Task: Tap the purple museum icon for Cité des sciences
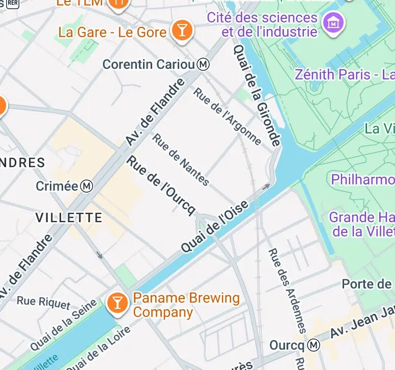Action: (x=334, y=22)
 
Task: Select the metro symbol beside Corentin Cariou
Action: (x=204, y=65)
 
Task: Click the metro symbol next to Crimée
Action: (x=87, y=186)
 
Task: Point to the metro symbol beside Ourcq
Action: (x=315, y=346)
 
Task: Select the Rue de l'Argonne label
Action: (x=227, y=116)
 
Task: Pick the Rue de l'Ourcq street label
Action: (x=161, y=186)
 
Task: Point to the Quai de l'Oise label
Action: (x=215, y=226)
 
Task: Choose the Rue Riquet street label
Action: (x=43, y=302)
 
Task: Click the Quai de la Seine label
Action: (x=63, y=326)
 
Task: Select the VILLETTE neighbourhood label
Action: (x=69, y=218)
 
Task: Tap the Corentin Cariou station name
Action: (x=149, y=65)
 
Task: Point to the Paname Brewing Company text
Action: (x=186, y=305)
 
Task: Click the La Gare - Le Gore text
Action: (x=112, y=32)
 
